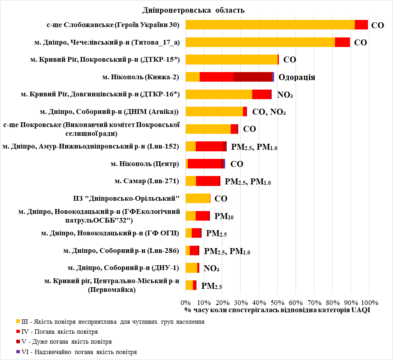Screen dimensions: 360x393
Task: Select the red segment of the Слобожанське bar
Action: (x=361, y=25)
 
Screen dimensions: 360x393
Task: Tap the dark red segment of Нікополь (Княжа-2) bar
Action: (x=253, y=77)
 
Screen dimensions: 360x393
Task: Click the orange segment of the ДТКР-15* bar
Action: (x=232, y=60)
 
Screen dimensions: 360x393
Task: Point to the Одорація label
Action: (x=297, y=77)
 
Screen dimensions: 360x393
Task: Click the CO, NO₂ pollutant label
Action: (x=269, y=112)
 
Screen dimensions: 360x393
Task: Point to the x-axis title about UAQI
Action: (x=277, y=310)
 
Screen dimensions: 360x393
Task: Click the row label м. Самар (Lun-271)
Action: (x=147, y=181)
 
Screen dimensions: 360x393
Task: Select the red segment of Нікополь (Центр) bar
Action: (x=204, y=164)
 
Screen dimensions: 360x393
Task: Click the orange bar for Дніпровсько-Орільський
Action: (x=198, y=198)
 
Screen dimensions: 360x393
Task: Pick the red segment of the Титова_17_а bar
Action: (x=342, y=42)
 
